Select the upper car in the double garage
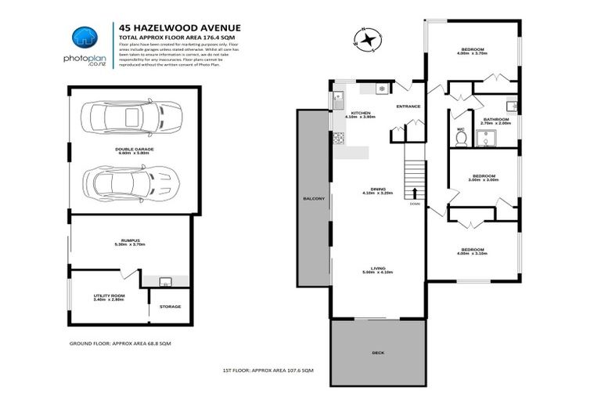point(135,118)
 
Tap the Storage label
point(170,306)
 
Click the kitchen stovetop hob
point(339,139)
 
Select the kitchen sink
point(339,99)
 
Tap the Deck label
point(377,353)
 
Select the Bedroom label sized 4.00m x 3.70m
point(472,52)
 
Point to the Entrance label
point(408,107)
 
